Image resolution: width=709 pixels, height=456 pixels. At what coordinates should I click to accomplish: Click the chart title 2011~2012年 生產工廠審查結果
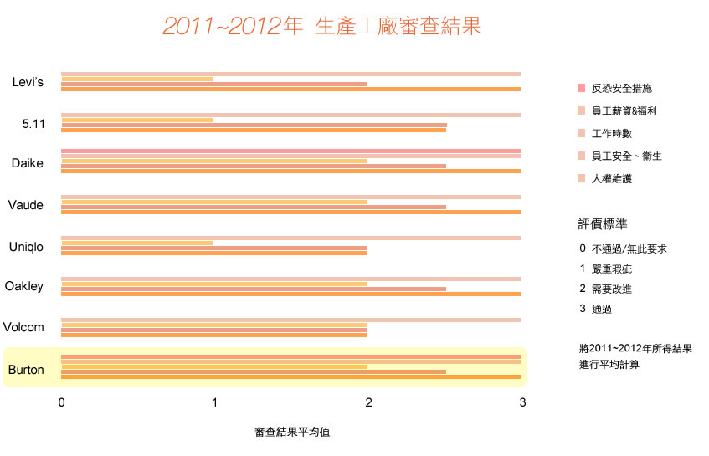coord(322,27)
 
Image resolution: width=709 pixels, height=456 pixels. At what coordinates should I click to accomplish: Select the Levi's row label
coord(28,81)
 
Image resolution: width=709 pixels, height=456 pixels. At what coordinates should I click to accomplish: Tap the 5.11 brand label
coord(33,124)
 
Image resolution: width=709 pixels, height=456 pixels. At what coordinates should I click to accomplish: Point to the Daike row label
coord(28,163)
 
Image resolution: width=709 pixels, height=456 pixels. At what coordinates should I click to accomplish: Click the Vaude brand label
coord(26,205)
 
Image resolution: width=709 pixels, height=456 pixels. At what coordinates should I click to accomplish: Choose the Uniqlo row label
coord(26,247)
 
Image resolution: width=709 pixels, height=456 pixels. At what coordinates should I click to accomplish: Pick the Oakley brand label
coord(24,287)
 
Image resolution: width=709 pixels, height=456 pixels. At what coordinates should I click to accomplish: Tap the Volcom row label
coord(23,327)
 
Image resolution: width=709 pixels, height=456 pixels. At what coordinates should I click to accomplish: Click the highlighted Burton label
coord(26,369)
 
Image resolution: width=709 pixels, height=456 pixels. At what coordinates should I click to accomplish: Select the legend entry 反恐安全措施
coord(621,88)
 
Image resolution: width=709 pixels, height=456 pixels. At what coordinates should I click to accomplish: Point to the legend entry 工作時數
coord(611,133)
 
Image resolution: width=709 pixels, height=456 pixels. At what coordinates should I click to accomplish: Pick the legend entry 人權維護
coord(611,178)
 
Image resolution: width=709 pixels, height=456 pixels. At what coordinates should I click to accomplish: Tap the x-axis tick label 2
coord(369,402)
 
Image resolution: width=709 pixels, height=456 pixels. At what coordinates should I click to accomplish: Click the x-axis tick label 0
coord(62,402)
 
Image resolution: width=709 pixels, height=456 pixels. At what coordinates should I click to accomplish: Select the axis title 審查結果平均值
coord(292,433)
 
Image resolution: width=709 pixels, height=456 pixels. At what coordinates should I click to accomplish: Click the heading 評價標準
coord(604,223)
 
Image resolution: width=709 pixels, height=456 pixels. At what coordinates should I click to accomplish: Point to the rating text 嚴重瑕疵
coord(611,269)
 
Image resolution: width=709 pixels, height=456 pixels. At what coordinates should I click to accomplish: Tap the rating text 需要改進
coord(611,289)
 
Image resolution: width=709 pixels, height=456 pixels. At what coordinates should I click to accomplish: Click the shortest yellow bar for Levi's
coord(137,79)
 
